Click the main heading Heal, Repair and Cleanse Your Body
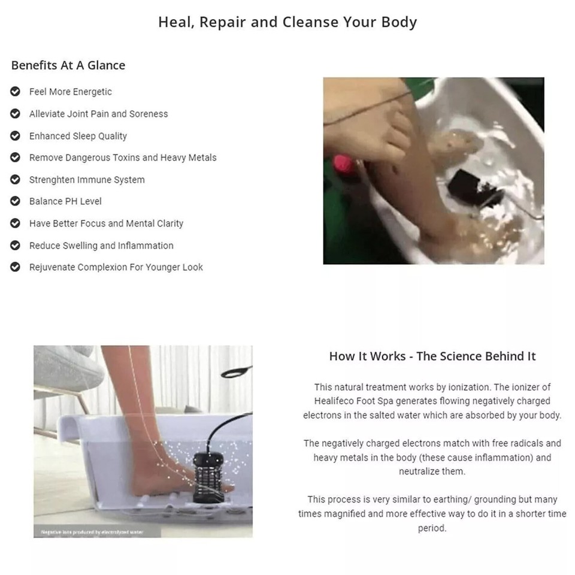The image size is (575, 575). (x=287, y=22)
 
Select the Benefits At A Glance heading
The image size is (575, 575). (x=68, y=65)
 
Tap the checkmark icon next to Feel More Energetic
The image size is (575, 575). (x=16, y=92)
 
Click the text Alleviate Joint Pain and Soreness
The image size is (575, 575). (x=98, y=114)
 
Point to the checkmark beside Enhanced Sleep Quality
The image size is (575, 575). (x=16, y=136)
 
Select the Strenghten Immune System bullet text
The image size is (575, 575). (x=87, y=180)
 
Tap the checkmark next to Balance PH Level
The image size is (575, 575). (x=16, y=201)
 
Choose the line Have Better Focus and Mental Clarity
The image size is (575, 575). (x=106, y=223)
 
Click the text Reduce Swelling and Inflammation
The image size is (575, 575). (x=101, y=246)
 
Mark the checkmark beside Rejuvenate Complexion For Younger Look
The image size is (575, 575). (x=16, y=267)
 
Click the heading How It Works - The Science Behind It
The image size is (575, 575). (x=432, y=356)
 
